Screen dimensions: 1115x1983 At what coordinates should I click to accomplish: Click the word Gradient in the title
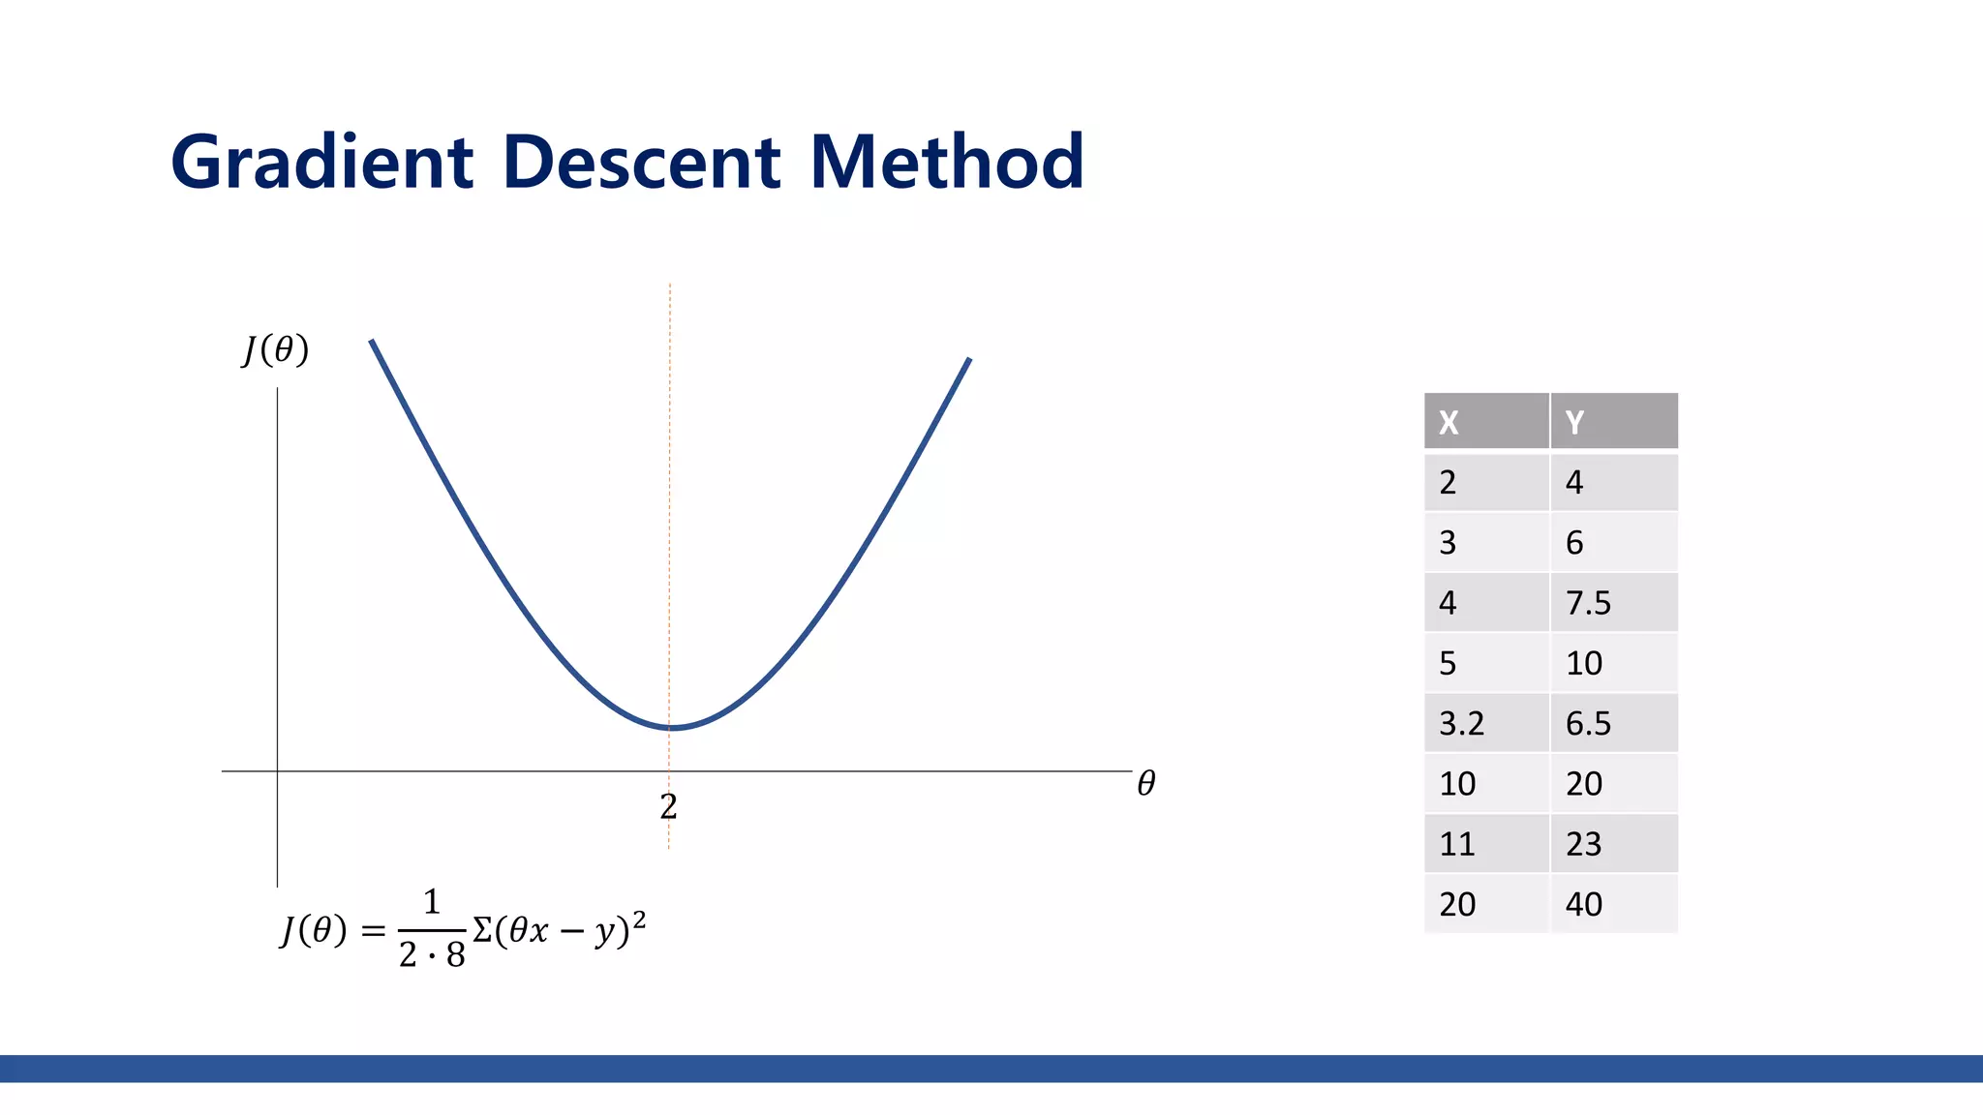pyautogui.click(x=321, y=162)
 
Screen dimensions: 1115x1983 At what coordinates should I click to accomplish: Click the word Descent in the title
pyautogui.click(x=641, y=162)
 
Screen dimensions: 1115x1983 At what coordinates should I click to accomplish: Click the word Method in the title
pyautogui.click(x=946, y=162)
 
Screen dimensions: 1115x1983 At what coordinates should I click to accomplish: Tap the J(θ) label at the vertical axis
pyautogui.click(x=275, y=349)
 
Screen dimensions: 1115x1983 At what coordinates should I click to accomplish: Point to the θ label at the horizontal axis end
pyautogui.click(x=1145, y=783)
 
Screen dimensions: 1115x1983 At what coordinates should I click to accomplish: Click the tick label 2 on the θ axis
pyautogui.click(x=668, y=806)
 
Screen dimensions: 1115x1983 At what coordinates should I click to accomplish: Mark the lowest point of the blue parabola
pyautogui.click(x=670, y=727)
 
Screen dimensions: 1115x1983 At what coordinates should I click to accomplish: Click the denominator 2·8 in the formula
pyautogui.click(x=432, y=955)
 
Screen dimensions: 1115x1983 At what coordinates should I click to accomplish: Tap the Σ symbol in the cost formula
pyautogui.click(x=482, y=930)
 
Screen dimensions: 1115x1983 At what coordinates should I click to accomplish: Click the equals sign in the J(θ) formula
pyautogui.click(x=373, y=931)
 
